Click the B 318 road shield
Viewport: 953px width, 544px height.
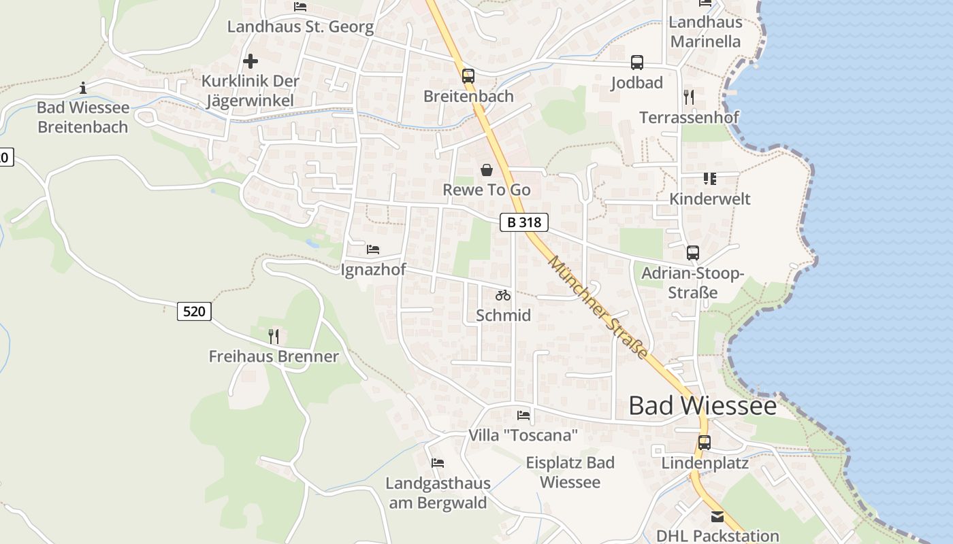pyautogui.click(x=523, y=222)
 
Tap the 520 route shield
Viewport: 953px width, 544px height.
pyautogui.click(x=194, y=311)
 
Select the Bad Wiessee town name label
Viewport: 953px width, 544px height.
pyautogui.click(x=702, y=405)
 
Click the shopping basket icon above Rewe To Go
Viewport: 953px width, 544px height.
pyautogui.click(x=487, y=170)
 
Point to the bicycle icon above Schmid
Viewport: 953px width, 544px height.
pyautogui.click(x=503, y=295)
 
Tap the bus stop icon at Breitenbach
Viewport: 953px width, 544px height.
pyautogui.click(x=468, y=76)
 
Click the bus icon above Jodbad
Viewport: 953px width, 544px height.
pyautogui.click(x=637, y=63)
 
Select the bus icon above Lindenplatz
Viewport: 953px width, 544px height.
pyautogui.click(x=705, y=443)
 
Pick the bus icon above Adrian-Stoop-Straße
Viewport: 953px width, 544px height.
pyautogui.click(x=693, y=253)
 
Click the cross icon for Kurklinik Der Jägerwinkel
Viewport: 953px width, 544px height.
pyautogui.click(x=251, y=61)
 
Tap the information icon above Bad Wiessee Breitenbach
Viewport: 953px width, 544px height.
pyautogui.click(x=83, y=88)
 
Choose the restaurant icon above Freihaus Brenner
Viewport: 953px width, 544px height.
pyautogui.click(x=273, y=336)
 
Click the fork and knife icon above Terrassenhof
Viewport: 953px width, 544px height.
pyautogui.click(x=689, y=97)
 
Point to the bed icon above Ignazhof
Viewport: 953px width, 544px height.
pyautogui.click(x=373, y=250)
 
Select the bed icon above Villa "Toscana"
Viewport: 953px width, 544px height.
pyautogui.click(x=523, y=415)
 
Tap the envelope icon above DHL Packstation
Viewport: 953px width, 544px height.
pyautogui.click(x=717, y=517)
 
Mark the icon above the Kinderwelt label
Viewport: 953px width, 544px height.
pyautogui.click(x=710, y=179)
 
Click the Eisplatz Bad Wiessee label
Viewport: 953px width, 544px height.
pyautogui.click(x=570, y=472)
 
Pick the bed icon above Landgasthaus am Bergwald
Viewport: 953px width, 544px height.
pyautogui.click(x=438, y=463)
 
